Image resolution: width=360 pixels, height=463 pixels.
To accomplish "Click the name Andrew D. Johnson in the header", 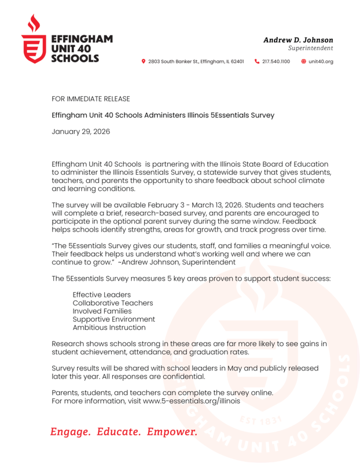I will [298, 40].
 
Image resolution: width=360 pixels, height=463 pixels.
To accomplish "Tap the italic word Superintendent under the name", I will [311, 48].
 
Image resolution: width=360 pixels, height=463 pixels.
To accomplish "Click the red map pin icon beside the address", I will [144, 61].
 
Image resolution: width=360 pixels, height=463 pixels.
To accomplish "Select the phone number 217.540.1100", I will [276, 61].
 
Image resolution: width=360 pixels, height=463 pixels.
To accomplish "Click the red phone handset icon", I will [257, 61].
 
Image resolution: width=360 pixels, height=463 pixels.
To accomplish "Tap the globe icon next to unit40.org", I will [303, 61].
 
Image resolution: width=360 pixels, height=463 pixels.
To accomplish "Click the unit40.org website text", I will [321, 61].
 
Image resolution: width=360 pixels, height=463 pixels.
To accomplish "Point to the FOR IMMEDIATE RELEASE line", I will [91, 99].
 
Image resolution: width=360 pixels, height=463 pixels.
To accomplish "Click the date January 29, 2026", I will [80, 131].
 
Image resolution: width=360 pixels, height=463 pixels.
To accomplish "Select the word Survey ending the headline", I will [261, 115].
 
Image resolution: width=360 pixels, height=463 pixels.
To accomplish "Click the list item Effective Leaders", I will [102, 295].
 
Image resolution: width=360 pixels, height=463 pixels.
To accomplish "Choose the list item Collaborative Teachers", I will [113, 303].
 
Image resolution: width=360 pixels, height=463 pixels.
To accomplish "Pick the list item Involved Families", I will [102, 311].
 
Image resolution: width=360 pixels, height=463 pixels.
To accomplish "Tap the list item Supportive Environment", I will [114, 319].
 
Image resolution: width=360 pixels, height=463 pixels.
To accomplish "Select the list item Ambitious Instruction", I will [109, 327].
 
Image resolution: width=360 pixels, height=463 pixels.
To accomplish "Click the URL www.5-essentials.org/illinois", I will [192, 400].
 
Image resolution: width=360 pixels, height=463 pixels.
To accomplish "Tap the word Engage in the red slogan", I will [70, 432].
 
